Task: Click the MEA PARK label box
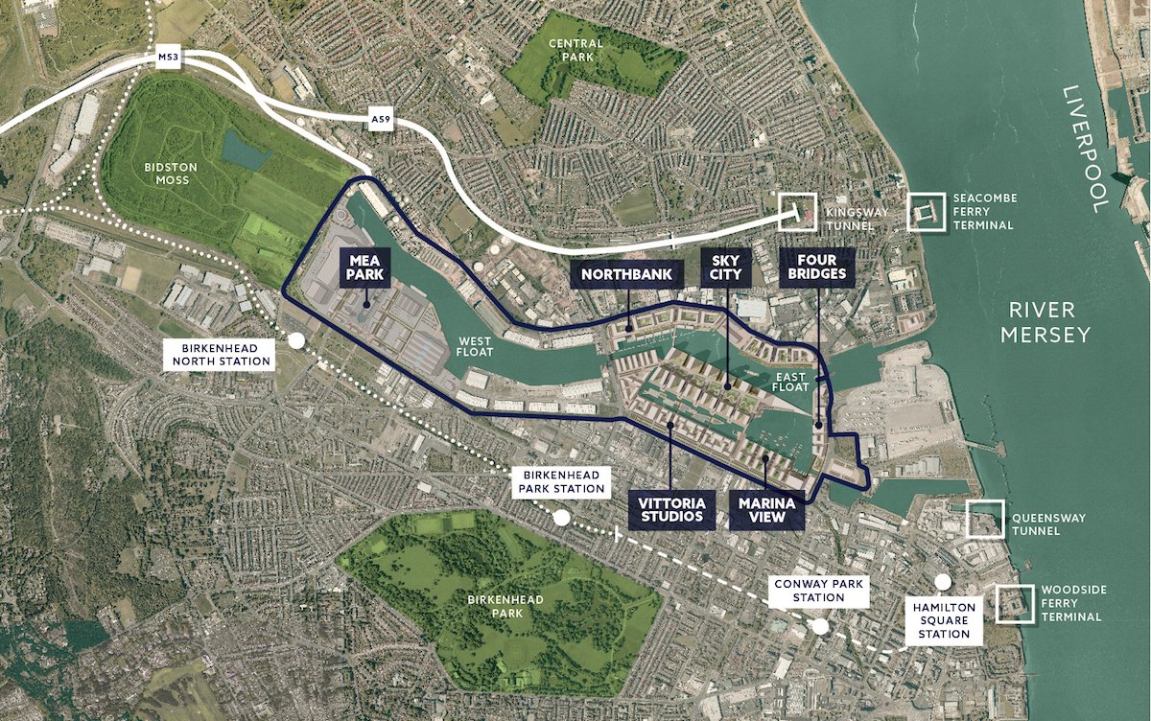[x=365, y=267]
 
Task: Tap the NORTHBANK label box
[x=628, y=275]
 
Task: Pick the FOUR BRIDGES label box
[x=817, y=267]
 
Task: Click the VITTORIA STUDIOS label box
[x=671, y=509]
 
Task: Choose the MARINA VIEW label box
[x=765, y=509]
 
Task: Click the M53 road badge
[x=168, y=58]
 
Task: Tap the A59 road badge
[x=381, y=121]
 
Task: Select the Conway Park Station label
[x=818, y=591]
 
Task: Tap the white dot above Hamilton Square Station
[x=943, y=582]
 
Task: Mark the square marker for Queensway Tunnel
[x=984, y=519]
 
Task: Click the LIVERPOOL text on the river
[x=1085, y=148]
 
